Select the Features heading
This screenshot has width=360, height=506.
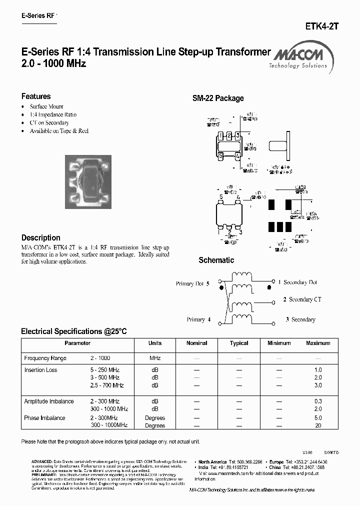(x=36, y=96)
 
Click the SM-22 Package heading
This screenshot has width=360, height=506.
(x=218, y=98)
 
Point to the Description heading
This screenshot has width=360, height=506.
(x=40, y=237)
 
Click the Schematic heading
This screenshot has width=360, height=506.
(x=216, y=260)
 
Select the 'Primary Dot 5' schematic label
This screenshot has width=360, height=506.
(x=192, y=283)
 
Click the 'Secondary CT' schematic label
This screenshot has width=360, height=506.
(x=302, y=299)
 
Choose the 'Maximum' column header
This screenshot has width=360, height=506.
(x=318, y=343)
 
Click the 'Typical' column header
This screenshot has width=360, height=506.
(x=239, y=343)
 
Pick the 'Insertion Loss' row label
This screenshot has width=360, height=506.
(x=40, y=370)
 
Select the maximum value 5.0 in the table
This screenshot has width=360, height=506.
(x=318, y=418)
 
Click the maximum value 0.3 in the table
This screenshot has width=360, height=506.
(x=318, y=401)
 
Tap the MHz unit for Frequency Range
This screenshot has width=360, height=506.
(x=155, y=358)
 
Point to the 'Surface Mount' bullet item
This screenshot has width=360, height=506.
(x=46, y=106)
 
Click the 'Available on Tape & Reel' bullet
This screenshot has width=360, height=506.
(x=59, y=130)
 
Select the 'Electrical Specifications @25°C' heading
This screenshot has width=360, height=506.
(x=74, y=331)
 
